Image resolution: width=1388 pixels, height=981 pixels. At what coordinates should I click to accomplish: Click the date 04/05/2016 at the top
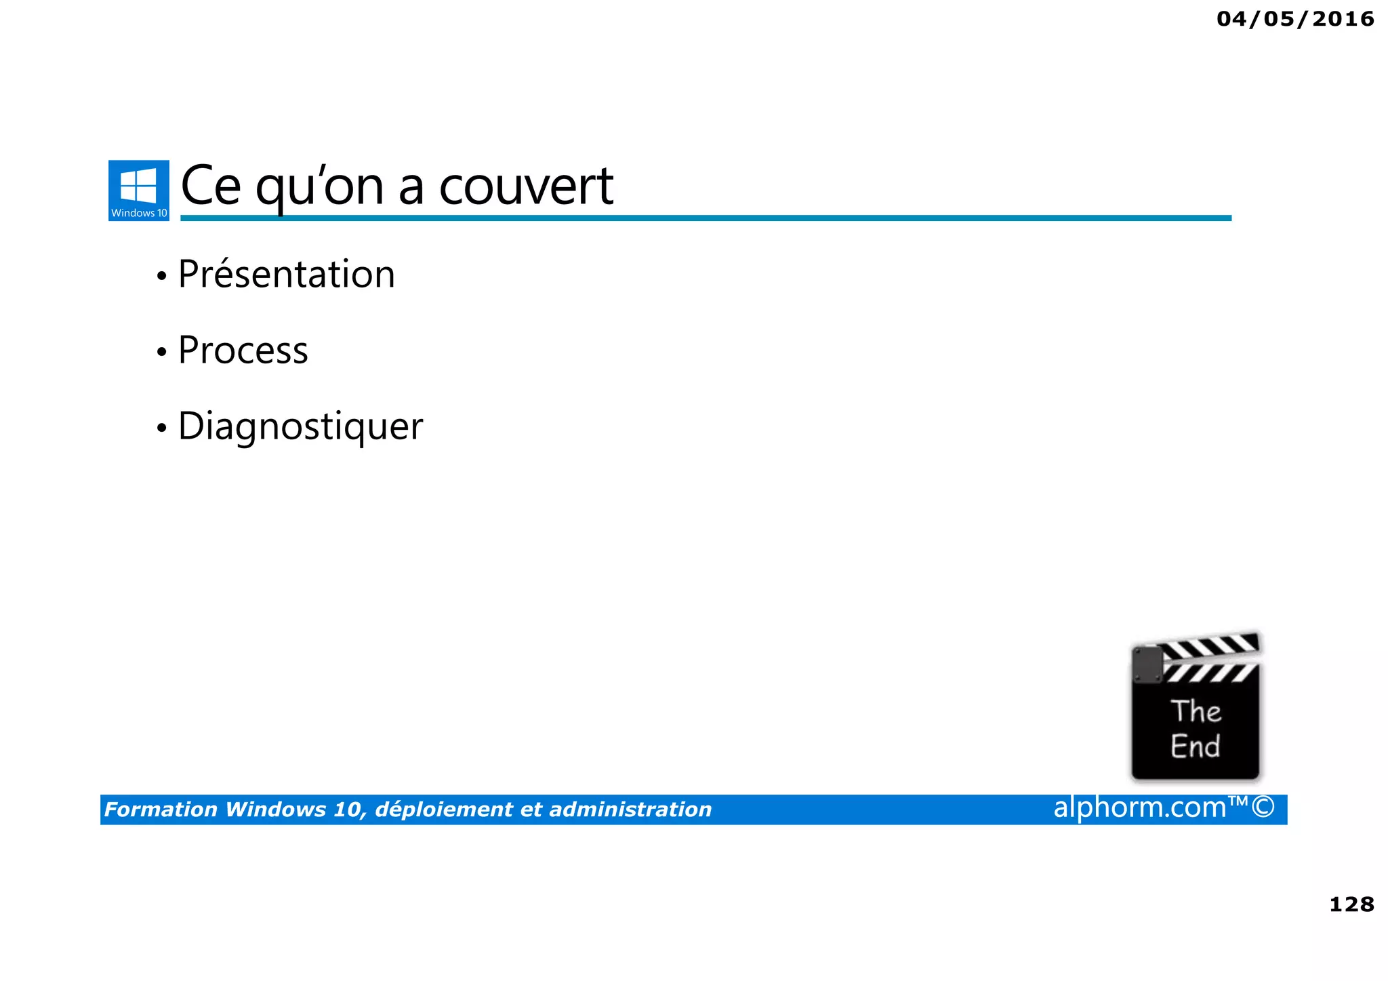point(1295,19)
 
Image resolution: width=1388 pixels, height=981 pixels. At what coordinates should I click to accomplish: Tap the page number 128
point(1351,904)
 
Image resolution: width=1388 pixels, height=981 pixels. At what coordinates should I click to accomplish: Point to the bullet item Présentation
point(286,275)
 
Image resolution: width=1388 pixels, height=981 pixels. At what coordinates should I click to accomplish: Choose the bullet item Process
point(243,351)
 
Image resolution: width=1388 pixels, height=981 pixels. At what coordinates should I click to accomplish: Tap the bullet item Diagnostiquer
point(300,426)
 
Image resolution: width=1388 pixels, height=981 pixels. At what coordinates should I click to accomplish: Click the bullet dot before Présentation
point(161,277)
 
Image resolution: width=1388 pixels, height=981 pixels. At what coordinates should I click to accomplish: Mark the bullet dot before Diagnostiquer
point(161,428)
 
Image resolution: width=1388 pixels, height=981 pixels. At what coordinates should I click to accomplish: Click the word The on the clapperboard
point(1196,711)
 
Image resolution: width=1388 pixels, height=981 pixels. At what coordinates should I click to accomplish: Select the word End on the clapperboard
point(1195,746)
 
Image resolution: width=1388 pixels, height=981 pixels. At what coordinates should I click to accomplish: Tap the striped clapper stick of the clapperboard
point(1210,647)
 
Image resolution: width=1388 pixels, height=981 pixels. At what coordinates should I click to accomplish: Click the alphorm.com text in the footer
point(1139,807)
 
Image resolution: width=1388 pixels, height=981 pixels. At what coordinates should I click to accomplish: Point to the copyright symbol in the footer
point(1263,807)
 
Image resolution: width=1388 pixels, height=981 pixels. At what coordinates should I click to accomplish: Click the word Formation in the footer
point(161,809)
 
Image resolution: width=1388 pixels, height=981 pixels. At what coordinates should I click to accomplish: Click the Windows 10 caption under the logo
point(139,213)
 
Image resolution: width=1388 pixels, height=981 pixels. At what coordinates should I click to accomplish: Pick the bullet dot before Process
point(161,353)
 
